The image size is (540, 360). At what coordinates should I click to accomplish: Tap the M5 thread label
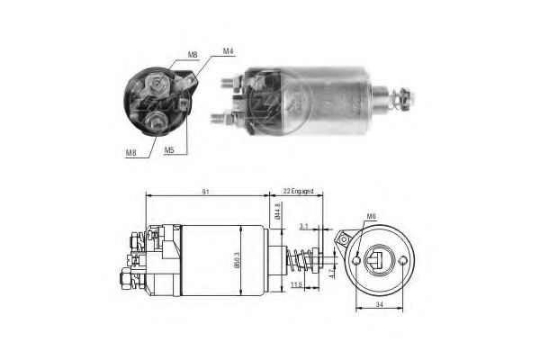point(169,150)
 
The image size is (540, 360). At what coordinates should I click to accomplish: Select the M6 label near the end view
point(372,217)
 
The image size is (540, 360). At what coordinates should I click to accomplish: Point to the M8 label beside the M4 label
point(192,56)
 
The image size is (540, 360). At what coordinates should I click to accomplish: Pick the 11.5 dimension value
point(297,285)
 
